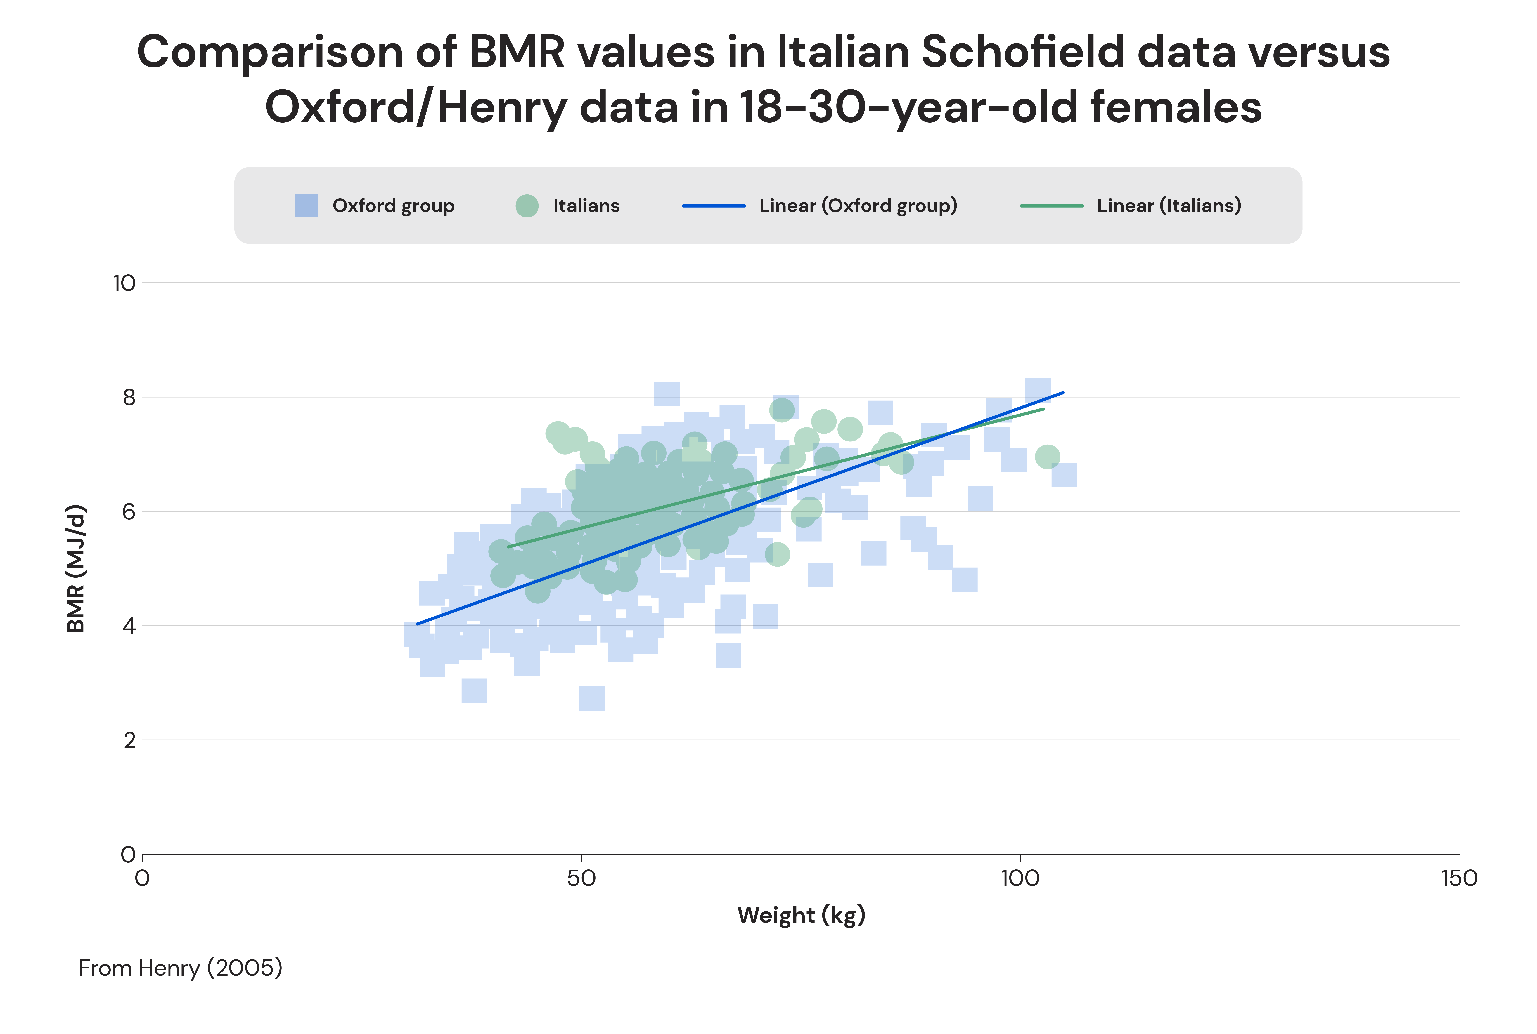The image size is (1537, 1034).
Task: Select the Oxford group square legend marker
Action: (307, 206)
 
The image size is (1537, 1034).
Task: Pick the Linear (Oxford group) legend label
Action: (858, 206)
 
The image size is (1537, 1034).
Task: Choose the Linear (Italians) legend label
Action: (1168, 206)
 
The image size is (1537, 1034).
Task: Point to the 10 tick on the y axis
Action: (124, 283)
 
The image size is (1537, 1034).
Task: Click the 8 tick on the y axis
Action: (129, 398)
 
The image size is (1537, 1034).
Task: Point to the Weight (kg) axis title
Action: (801, 915)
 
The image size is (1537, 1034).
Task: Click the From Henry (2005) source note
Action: (180, 968)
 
